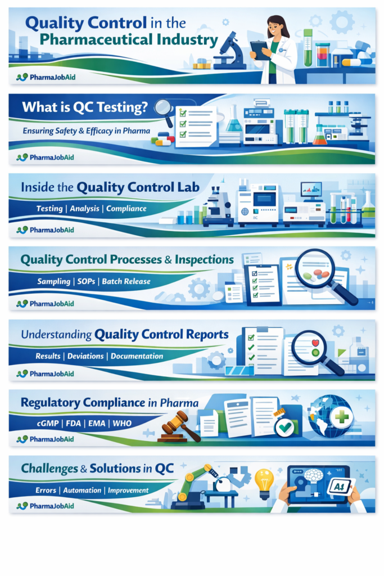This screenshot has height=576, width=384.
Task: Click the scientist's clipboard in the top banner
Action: click(260, 50)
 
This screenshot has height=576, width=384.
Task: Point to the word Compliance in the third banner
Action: click(127, 209)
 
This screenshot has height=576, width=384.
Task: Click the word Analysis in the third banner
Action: click(84, 209)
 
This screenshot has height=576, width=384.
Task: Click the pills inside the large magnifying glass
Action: click(317, 274)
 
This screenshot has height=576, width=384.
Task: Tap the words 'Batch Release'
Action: click(126, 281)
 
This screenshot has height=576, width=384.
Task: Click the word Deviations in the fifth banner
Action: click(85, 356)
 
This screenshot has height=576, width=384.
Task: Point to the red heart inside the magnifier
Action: click(315, 343)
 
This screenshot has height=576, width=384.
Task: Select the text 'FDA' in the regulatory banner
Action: click(74, 423)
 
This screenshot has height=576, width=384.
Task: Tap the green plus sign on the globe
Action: click(341, 417)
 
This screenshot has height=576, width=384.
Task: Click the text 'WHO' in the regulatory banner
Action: click(122, 423)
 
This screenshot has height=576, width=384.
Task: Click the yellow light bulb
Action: click(264, 483)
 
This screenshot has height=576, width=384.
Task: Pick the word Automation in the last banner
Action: click(82, 490)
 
